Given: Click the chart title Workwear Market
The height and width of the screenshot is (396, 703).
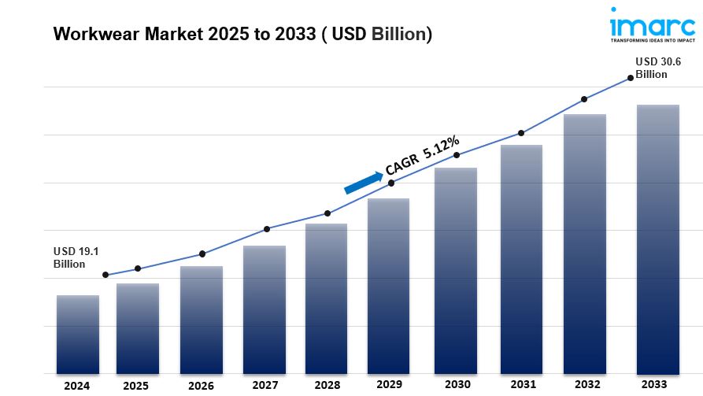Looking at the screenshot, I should point(242,35).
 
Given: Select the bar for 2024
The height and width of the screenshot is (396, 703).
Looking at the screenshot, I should point(78,334).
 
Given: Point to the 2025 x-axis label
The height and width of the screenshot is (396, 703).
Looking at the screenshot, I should point(135,386).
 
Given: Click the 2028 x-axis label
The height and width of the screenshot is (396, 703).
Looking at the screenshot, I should point(327,386).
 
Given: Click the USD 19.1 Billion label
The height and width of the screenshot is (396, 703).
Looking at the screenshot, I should point(76,257).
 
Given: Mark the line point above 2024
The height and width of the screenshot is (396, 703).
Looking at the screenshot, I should point(105,276).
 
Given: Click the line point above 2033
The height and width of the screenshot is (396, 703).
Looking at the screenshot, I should point(630,78).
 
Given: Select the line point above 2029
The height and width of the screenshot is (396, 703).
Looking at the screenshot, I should point(392,183).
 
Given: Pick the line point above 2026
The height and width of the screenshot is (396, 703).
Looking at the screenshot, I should point(202,254).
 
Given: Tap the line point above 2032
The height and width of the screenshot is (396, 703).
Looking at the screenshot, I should point(584,99).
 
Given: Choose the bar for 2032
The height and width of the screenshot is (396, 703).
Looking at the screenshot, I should point(585,243).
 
